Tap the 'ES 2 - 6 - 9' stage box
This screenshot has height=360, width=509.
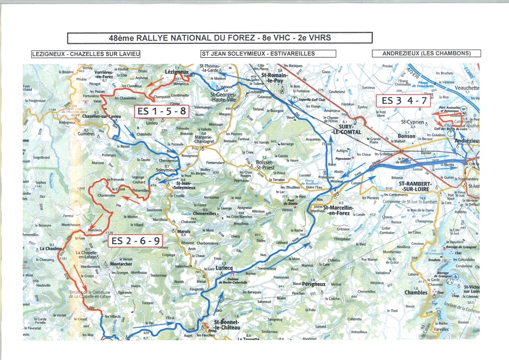coord(135,241)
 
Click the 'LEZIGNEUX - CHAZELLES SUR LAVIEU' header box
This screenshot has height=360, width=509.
coord(85,54)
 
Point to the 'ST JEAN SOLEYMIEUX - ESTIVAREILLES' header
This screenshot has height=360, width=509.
coord(258,54)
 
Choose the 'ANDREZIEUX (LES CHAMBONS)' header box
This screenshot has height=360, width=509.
coord(427,53)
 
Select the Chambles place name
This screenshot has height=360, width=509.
coord(416,293)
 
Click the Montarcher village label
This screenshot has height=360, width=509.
coord(121,264)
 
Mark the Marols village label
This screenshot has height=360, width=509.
coord(184,231)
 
